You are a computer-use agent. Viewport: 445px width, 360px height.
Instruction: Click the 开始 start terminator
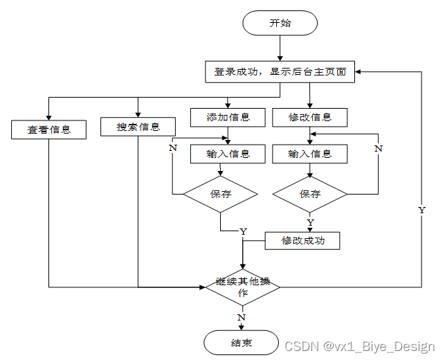coord(280,22)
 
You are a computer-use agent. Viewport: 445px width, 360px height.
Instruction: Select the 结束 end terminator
coord(242,343)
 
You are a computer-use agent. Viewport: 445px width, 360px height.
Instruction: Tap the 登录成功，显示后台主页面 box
coord(280,71)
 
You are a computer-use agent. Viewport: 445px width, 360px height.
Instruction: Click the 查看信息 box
coord(48,129)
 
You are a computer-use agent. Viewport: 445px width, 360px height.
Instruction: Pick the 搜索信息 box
coord(138,127)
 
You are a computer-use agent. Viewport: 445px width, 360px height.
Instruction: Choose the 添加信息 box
coord(228,117)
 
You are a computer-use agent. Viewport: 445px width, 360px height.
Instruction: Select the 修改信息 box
coord(309,117)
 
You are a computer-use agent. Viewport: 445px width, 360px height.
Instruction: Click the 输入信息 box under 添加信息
coord(228,154)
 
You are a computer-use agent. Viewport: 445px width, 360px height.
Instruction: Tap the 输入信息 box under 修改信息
coord(309,154)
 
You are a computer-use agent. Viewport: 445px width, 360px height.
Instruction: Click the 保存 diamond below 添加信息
coord(220,194)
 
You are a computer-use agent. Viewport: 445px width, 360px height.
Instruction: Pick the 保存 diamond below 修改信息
coord(309,194)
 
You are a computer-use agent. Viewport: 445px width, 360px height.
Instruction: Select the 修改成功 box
coord(302,240)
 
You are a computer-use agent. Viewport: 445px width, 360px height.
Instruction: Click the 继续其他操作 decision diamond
coord(242,287)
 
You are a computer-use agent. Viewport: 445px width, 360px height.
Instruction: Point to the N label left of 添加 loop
coord(172,147)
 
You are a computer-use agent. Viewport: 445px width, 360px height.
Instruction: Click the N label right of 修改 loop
coord(378,148)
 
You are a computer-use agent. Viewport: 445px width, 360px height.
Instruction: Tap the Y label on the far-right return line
coord(421,209)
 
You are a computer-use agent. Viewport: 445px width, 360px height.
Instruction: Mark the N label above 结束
coord(242,317)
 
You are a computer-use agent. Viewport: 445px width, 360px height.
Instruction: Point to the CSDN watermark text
coord(359,346)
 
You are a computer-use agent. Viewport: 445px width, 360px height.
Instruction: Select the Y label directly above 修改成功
coord(310,222)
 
